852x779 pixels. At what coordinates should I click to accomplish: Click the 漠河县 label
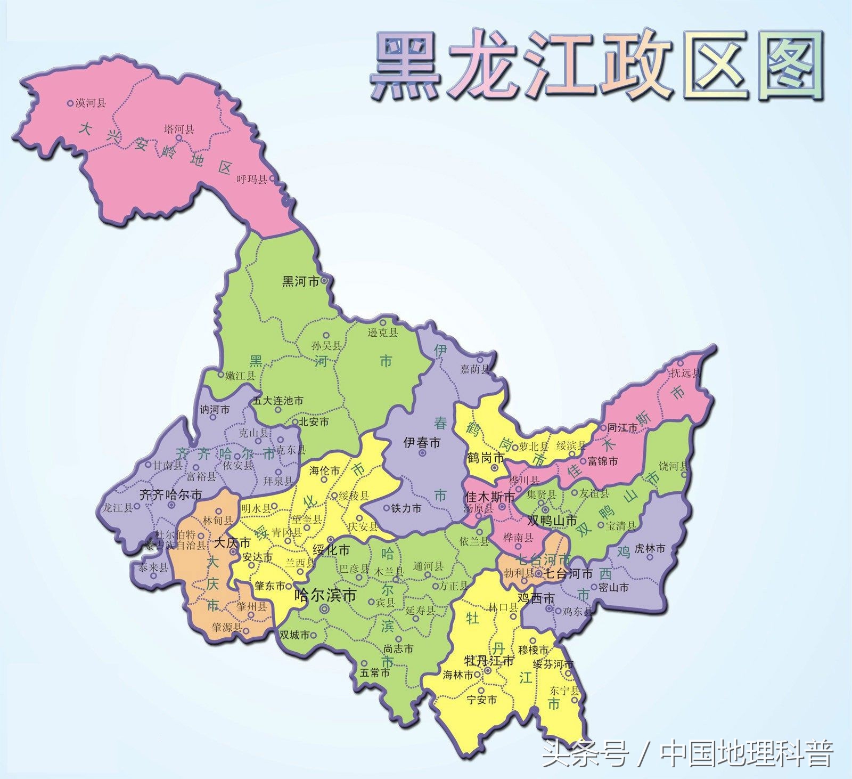click(91, 103)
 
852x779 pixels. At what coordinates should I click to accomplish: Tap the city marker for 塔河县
click(179, 138)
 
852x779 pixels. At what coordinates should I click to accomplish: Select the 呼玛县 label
click(252, 180)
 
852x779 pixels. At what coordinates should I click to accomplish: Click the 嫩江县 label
click(240, 376)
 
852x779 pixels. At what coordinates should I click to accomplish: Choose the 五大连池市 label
click(278, 400)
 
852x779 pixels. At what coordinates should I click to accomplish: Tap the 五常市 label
click(374, 673)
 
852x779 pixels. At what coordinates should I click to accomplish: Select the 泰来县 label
click(153, 568)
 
